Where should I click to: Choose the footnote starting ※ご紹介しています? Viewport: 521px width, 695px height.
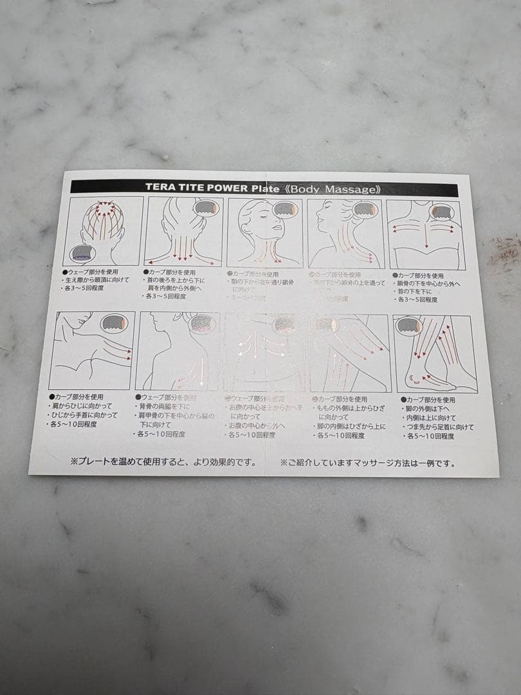pyautogui.click(x=367, y=463)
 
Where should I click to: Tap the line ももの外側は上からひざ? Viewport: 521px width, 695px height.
pyautogui.click(x=351, y=408)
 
